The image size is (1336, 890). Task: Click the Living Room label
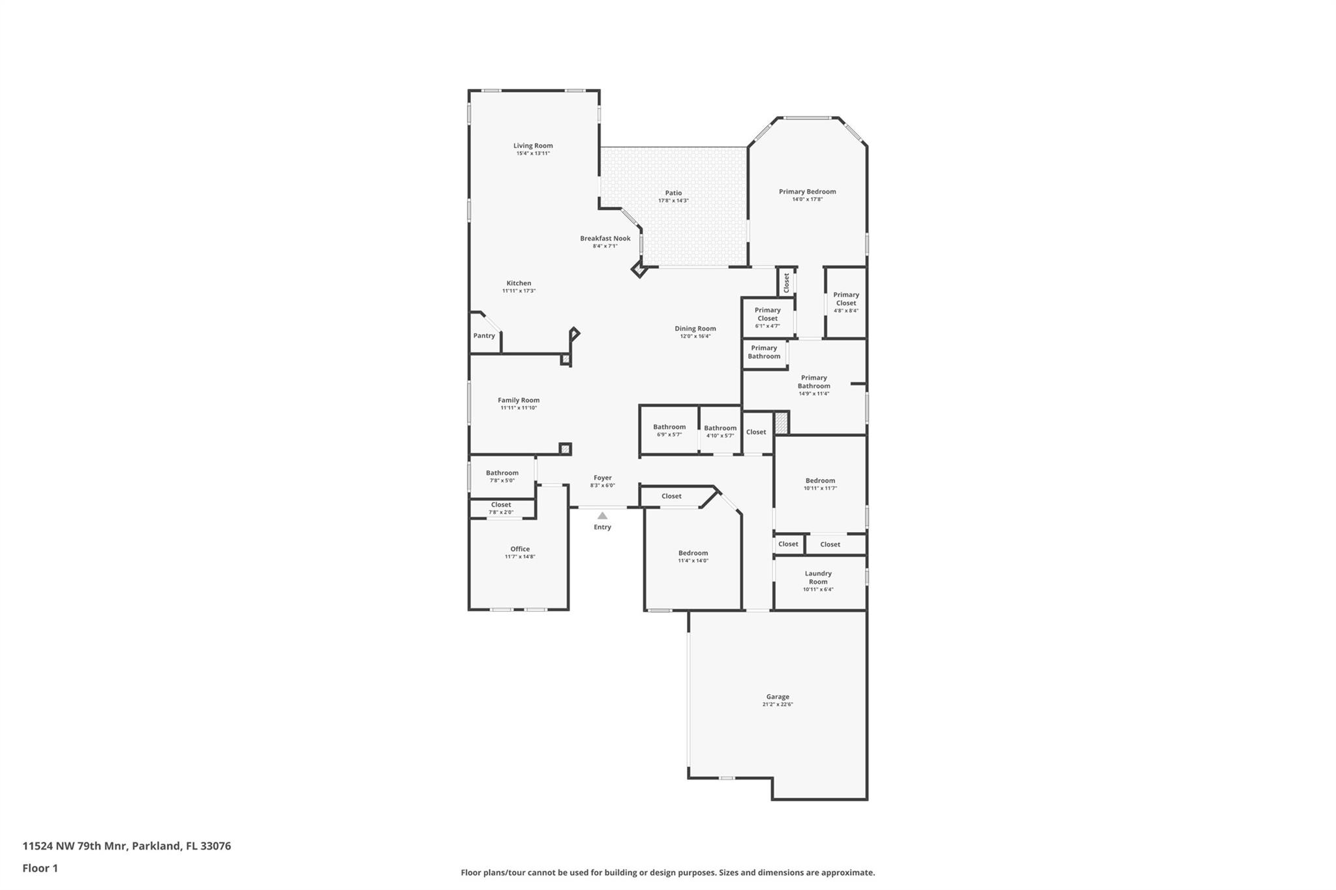[533, 146]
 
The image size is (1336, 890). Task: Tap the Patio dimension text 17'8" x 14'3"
[673, 201]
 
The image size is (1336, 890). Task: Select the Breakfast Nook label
[605, 239]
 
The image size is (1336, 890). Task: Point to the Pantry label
[484, 336]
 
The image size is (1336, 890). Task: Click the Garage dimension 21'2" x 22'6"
[778, 705]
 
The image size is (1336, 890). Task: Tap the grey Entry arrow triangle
[602, 516]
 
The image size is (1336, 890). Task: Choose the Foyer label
[603, 478]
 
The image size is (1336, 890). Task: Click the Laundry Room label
[818, 578]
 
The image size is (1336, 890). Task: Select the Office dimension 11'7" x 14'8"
[520, 557]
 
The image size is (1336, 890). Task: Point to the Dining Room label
[695, 329]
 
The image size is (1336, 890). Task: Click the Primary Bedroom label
[808, 192]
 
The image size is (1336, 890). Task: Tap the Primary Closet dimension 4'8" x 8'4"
[846, 311]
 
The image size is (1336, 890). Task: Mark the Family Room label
[519, 400]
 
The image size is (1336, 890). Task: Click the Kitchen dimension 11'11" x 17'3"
[519, 291]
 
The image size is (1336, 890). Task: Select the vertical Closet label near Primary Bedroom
[787, 282]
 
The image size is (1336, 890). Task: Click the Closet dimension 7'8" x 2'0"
[501, 512]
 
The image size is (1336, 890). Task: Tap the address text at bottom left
[127, 846]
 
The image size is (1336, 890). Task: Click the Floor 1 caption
[40, 868]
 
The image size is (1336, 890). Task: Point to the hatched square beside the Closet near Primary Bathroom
[782, 423]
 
